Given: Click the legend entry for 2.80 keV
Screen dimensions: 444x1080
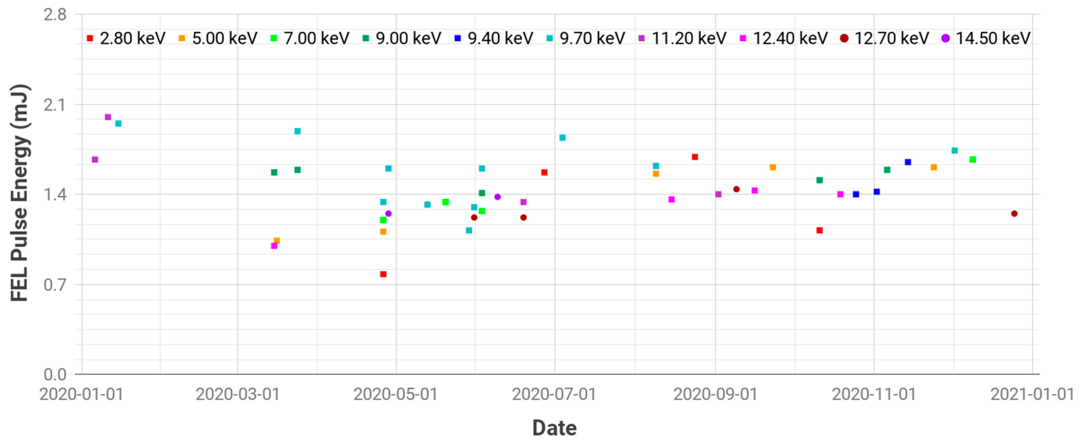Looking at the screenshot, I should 126,38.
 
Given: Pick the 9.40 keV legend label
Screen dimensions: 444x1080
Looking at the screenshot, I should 494,38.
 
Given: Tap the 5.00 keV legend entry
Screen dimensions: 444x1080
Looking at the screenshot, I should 218,38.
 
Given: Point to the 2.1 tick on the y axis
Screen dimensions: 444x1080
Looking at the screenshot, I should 55,105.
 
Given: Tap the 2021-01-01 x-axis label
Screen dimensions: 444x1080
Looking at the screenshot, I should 1032,394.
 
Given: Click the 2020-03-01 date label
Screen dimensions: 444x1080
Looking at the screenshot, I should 237,394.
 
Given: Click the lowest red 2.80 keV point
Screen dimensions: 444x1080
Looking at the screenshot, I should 383,274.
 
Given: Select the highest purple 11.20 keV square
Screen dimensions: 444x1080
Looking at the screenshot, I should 108,117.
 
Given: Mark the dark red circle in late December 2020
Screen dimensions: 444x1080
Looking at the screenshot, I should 1014,214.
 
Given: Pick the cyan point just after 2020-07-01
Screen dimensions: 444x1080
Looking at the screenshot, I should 563,138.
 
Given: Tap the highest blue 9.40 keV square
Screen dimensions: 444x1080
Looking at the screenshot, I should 908,162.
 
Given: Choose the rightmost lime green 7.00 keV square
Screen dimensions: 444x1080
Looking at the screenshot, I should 973,160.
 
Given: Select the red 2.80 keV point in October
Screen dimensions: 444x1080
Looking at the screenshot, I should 820,230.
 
